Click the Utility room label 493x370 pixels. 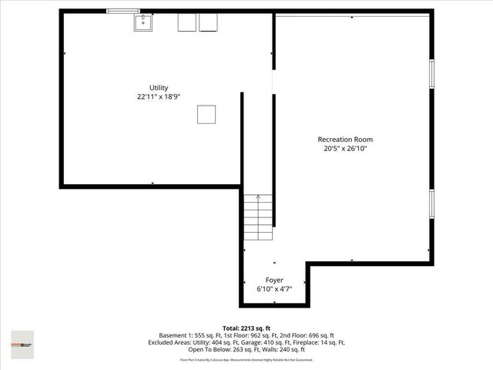(159, 88)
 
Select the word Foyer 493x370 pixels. (274, 280)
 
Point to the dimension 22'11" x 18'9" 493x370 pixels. (159, 97)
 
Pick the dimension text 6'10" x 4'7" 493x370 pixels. (274, 289)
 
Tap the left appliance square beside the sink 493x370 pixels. (187, 23)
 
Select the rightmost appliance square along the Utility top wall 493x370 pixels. (209, 23)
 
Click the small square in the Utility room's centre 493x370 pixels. (206, 114)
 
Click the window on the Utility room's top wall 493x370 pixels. (123, 11)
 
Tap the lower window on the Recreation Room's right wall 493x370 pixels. (431, 210)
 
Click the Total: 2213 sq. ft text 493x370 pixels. (246, 328)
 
